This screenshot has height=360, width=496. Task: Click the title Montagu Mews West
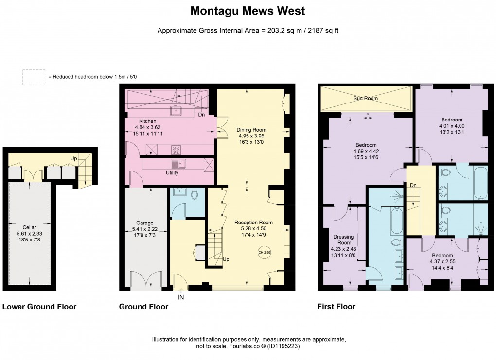click(x=248, y=10)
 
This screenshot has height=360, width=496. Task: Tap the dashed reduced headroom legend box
click(x=33, y=77)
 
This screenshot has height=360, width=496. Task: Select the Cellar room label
click(x=29, y=227)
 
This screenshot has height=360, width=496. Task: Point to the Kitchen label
click(x=148, y=121)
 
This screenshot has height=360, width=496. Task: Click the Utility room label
click(x=172, y=172)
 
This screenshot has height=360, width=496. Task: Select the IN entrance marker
click(x=181, y=296)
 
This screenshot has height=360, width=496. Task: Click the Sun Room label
click(x=365, y=98)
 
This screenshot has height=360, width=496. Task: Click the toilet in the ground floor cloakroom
click(x=195, y=195)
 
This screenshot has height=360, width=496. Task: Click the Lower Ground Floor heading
click(x=39, y=307)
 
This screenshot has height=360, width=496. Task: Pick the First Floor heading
click(x=336, y=307)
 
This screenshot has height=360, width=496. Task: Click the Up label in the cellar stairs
click(x=74, y=158)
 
